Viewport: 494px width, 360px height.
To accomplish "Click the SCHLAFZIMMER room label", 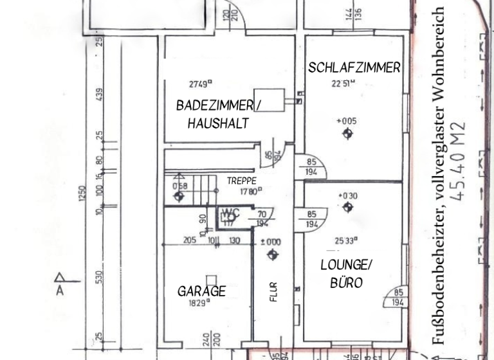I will point(354,67).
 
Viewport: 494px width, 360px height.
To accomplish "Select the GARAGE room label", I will point(201,291).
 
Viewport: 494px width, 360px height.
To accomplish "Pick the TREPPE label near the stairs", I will point(242,181).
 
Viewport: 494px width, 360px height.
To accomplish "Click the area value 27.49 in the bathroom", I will point(201,84).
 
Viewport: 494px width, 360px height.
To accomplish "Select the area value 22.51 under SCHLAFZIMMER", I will point(344,83).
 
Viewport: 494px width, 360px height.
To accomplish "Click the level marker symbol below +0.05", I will point(348,134).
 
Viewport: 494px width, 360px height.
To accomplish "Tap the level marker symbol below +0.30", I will point(348,207).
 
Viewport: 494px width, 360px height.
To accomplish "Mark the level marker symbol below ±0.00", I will point(272,255).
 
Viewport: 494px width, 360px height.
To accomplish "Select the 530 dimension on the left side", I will point(98,276).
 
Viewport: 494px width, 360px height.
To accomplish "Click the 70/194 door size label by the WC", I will point(262,219).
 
